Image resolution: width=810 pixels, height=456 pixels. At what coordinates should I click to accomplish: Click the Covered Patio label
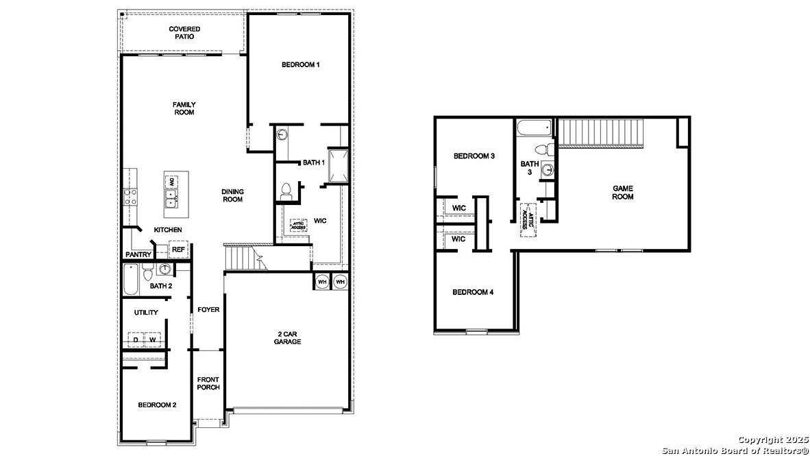(184, 32)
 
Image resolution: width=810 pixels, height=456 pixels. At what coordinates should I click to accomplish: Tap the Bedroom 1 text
(301, 65)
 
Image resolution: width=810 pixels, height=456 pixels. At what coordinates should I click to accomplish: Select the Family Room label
(184, 108)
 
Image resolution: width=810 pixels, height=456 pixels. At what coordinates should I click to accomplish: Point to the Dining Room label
(232, 195)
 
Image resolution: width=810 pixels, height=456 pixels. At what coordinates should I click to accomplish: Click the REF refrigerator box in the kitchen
(178, 250)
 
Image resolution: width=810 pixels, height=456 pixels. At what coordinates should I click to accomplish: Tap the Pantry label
(138, 254)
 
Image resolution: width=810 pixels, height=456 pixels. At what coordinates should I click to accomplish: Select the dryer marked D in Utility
(136, 339)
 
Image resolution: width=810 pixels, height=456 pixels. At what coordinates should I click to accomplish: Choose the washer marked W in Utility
(153, 339)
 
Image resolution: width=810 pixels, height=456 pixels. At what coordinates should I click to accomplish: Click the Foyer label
(208, 310)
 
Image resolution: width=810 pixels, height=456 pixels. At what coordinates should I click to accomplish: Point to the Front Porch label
(208, 383)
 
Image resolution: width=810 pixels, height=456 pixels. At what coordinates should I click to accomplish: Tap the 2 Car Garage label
(287, 337)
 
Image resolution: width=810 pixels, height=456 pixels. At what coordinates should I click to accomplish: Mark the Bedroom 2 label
(157, 405)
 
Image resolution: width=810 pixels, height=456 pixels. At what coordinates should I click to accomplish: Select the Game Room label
(623, 193)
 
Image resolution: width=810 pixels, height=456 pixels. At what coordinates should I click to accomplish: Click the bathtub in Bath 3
(535, 128)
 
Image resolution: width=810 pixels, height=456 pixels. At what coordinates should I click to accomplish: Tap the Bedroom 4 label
(473, 293)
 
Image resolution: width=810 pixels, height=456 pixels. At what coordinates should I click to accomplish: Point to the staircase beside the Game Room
(603, 132)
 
